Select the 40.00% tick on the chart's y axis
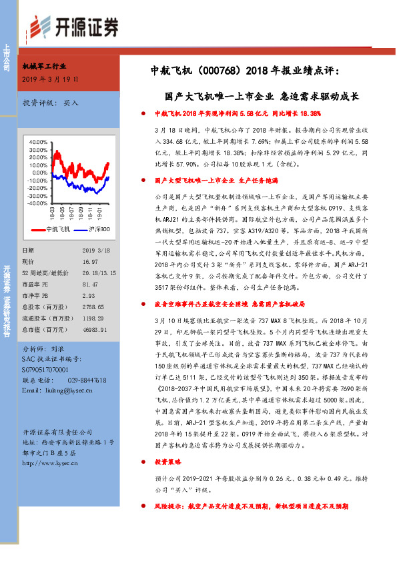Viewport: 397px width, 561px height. coord(39,142)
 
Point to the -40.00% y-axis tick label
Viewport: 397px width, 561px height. coord(39,185)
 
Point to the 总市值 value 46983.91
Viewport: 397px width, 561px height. coord(95,328)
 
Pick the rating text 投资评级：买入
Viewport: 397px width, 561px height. coord(51,103)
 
